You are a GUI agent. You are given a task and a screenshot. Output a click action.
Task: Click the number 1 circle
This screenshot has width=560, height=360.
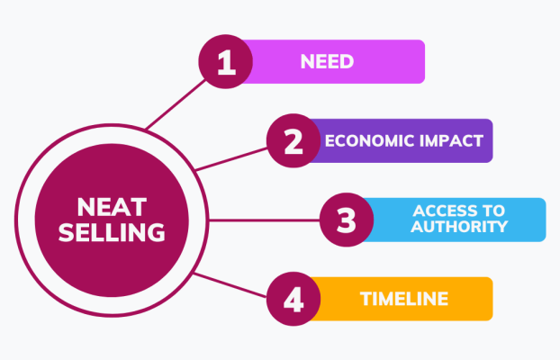coord(226,61)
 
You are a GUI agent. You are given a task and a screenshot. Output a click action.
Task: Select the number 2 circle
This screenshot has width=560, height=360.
coord(294,140)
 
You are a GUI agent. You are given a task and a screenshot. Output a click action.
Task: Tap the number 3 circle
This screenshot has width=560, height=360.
coord(347,220)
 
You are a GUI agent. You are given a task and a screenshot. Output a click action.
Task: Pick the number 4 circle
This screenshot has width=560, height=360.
coord(294,299)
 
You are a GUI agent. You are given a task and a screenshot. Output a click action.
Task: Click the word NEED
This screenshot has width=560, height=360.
coord(327,61)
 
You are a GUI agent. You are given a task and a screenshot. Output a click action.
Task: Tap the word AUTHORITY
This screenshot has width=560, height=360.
coord(459,227)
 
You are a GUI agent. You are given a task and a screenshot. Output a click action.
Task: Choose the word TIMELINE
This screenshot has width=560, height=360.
coord(404,299)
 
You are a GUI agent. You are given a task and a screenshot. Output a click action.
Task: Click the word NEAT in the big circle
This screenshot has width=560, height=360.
coord(112,207)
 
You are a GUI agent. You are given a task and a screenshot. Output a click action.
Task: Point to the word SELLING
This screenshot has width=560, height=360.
coord(112,232)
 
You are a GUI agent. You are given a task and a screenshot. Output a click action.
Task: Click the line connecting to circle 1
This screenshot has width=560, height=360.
coord(176,103)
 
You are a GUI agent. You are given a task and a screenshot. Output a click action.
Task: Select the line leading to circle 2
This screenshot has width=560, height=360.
coord(231,159)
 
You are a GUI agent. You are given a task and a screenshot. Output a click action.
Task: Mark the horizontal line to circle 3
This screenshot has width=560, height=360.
coord(265,220)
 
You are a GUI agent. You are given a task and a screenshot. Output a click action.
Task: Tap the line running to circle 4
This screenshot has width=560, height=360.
coord(230,285)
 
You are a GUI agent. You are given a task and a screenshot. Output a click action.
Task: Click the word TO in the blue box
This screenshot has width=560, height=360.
coord(492,211)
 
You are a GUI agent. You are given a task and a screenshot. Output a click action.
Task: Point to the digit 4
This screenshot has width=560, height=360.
coord(294,300)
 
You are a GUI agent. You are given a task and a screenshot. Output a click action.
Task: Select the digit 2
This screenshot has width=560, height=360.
coord(294,141)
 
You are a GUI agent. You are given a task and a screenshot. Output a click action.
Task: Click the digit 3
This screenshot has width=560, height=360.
coord(347,220)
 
